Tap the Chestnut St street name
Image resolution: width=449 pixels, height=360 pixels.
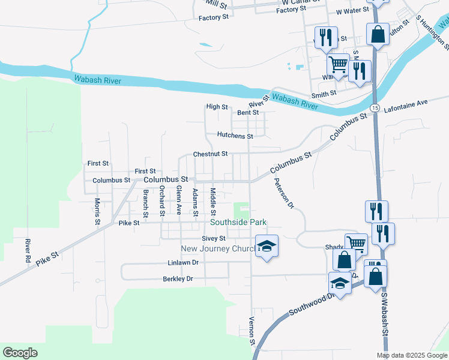[210, 154]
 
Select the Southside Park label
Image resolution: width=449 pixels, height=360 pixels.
[238, 223]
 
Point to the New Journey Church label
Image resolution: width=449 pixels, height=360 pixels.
[217, 249]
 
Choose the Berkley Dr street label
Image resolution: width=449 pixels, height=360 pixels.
[178, 279]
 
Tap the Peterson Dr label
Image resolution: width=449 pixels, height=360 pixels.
[283, 194]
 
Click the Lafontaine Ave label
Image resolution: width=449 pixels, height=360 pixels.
[406, 103]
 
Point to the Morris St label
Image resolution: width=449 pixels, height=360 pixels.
[97, 212]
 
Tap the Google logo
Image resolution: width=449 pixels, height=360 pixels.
[20, 353]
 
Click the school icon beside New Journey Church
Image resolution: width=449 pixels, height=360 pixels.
[267, 245]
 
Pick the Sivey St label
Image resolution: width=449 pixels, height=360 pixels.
[213, 239]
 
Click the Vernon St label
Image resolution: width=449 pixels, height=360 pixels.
[252, 331]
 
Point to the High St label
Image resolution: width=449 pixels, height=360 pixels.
[217, 107]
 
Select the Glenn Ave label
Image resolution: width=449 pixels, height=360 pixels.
[178, 200]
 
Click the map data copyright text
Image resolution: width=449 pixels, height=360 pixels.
[411, 355]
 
